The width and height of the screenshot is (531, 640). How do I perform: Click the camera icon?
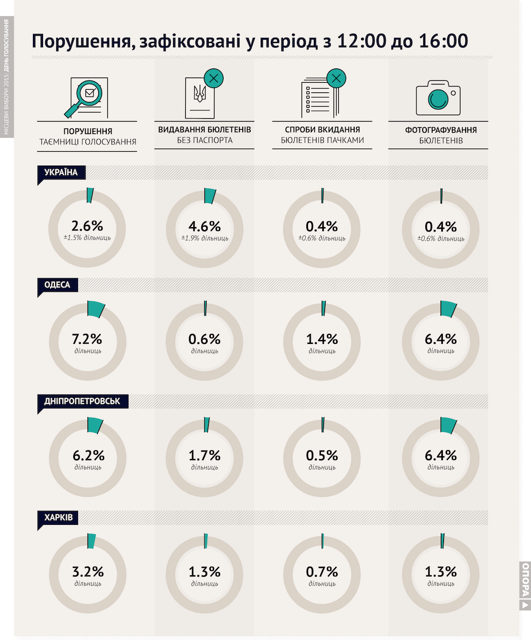click(438, 98)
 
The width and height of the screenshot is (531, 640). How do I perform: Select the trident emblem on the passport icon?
click(200, 93)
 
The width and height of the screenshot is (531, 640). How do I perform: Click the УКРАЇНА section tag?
click(62, 172)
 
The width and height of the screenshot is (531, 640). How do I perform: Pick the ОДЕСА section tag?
click(58, 285)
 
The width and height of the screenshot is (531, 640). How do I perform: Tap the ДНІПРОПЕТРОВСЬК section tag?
click(83, 401)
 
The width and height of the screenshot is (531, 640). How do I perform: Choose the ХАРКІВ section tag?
click(58, 518)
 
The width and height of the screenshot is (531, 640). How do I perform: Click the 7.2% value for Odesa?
click(87, 339)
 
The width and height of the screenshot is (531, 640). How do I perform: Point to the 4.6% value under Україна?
click(204, 227)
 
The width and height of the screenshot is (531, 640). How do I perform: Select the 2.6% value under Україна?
click(88, 226)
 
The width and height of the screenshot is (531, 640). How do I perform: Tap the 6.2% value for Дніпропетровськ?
click(89, 455)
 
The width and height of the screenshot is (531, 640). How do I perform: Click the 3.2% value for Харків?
click(88, 572)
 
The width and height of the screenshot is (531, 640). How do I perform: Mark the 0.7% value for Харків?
click(322, 572)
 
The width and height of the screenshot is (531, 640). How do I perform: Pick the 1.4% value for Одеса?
click(322, 339)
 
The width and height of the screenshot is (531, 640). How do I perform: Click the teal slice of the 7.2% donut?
click(96, 309)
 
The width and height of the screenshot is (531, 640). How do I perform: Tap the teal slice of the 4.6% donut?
click(210, 196)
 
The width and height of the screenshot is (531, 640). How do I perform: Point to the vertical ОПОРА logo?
click(525, 590)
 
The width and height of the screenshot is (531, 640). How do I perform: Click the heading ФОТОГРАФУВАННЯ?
click(441, 130)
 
